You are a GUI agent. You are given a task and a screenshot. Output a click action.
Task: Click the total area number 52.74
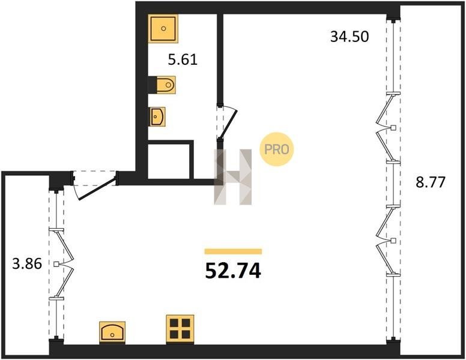pos(233,271)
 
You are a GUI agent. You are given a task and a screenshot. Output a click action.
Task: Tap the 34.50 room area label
pos(349,37)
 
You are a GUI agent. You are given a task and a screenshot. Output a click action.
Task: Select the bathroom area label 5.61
pos(183,60)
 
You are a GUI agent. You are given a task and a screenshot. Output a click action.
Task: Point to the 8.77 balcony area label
pos(431,182)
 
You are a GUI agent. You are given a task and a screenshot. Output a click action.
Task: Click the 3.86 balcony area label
pos(27,264)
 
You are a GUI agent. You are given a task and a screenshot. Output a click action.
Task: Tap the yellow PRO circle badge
pos(277,149)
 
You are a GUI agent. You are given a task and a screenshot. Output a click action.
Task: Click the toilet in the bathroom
pos(165,85)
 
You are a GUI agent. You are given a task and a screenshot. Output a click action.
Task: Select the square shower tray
pos(163,29)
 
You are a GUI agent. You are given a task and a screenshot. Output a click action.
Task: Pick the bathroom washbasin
pos(157,117)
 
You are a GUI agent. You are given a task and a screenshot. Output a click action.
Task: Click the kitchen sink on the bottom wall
pos(112,332)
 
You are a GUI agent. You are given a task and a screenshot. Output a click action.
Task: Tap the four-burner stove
pos(180,329)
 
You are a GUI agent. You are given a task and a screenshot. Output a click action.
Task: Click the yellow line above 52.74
pos(233,251)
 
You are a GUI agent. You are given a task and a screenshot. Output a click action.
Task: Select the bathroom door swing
pos(228,122)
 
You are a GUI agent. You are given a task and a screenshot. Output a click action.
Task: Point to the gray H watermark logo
pos(233,177)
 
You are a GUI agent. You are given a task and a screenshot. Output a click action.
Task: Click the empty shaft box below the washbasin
pos(169,161)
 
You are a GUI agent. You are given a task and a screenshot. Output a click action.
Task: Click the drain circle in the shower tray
pos(163,29)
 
